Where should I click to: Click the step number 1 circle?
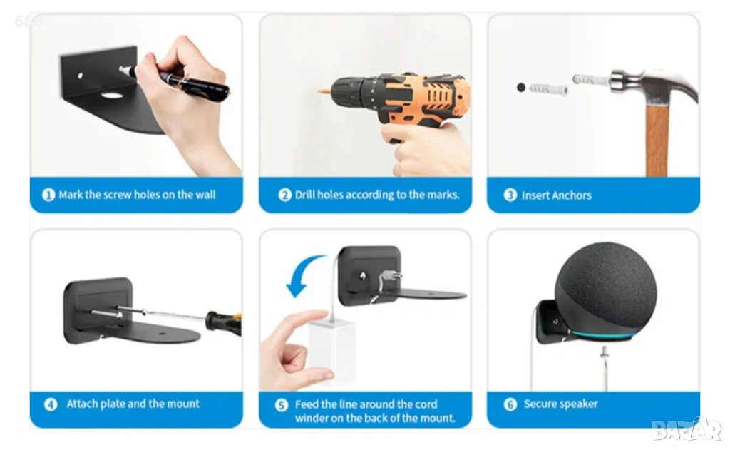(48, 195)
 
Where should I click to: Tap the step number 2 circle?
(284, 195)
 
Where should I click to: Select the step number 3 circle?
(510, 195)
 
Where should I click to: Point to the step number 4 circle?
(51, 404)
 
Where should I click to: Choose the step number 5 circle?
(281, 405)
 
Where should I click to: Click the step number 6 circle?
(510, 404)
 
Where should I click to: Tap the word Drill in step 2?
(304, 194)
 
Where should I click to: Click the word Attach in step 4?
(82, 404)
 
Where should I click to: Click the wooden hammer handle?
(657, 140)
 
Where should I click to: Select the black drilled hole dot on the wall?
(521, 87)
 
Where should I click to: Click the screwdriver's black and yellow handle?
(224, 322)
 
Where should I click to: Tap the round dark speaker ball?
(606, 290)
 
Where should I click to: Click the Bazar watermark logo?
(687, 429)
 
